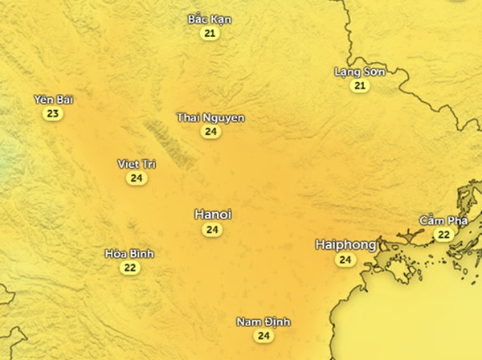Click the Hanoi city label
point(213,215)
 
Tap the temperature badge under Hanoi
point(212,230)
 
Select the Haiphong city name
point(345,244)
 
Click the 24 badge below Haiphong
point(345,260)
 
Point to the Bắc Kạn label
point(210,18)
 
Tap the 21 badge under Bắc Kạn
point(210,33)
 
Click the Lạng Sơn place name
point(360,72)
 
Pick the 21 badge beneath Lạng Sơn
point(360,86)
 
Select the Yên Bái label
point(52,99)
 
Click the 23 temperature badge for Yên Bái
point(52,113)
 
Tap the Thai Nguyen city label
point(210,117)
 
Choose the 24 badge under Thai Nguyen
point(210,132)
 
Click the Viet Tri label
point(137,164)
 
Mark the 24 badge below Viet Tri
point(137,178)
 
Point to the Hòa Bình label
point(130,254)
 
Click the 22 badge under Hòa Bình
point(130,268)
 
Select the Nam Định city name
point(263,322)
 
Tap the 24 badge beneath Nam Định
point(263,336)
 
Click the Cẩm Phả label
point(443,220)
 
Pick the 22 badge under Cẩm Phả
point(443,235)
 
